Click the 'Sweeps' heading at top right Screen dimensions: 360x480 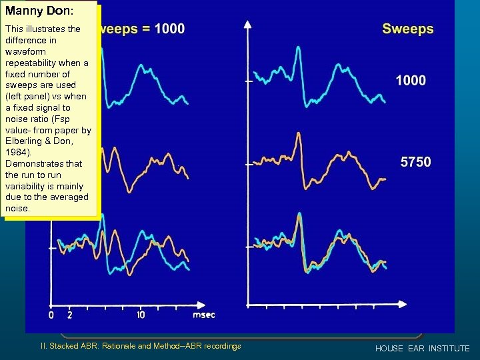coord(407,29)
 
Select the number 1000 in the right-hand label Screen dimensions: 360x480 coord(411,81)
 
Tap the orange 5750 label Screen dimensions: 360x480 coord(415,162)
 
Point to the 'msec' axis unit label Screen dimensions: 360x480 coord(203,315)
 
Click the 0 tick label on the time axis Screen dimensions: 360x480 coord(51,315)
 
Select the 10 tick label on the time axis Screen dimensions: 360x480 coord(141,315)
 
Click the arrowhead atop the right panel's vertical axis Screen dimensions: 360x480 coord(248,25)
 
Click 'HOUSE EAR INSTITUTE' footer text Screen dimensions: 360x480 coord(422,349)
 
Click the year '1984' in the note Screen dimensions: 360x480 coord(16,152)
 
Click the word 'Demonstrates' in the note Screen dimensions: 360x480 coord(33,163)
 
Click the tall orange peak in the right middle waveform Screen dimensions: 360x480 coord(297,135)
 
